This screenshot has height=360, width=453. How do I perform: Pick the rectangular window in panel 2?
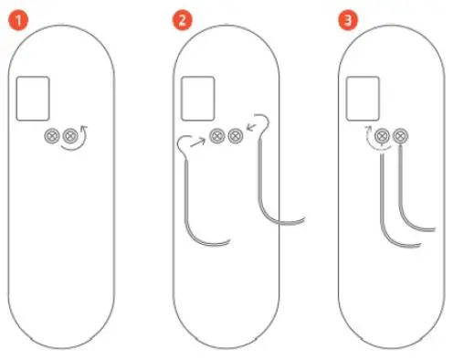[198, 96]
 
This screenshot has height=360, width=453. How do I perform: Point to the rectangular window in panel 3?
[363, 96]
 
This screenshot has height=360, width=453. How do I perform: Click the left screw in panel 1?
[51, 136]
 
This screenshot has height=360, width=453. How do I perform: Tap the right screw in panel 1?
[68, 136]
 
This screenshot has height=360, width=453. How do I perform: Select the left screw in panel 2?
[216, 136]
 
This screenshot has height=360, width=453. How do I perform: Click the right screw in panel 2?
[235, 136]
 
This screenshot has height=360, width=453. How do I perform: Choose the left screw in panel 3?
[381, 136]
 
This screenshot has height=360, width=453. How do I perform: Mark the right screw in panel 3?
[398, 136]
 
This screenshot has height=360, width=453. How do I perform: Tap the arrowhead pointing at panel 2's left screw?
[204, 139]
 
